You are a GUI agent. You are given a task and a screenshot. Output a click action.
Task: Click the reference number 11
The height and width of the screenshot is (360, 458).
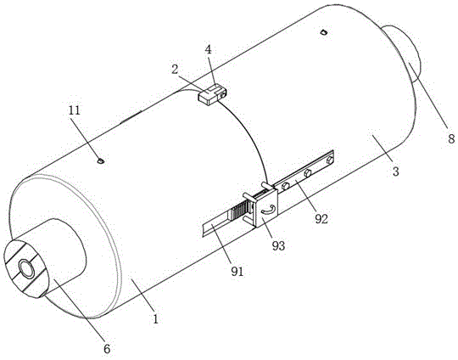pyautogui.click(x=74, y=110)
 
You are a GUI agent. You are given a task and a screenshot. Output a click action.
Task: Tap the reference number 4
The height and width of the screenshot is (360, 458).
pyautogui.click(x=208, y=49)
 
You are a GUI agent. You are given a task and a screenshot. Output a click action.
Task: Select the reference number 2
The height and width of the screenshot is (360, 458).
pyautogui.click(x=175, y=70)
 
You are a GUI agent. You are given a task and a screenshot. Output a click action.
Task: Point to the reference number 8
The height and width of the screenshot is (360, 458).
pyautogui.click(x=451, y=138)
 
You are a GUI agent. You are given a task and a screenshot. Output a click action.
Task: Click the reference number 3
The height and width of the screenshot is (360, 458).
pyautogui.click(x=395, y=171)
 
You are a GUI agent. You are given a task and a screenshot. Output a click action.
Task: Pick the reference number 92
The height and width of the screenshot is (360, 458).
pyautogui.click(x=321, y=219)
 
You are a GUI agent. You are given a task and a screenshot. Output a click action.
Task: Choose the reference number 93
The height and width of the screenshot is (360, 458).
pyautogui.click(x=278, y=245)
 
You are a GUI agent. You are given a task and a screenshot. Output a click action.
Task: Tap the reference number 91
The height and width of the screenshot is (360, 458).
pyautogui.click(x=237, y=272)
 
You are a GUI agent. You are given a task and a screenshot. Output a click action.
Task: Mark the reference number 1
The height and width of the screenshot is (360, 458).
pyautogui.click(x=156, y=318)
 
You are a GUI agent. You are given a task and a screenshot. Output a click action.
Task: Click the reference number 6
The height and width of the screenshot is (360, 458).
pyautogui.click(x=107, y=349)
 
